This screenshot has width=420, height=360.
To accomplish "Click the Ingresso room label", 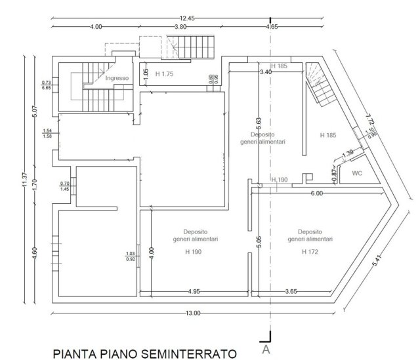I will (116, 78).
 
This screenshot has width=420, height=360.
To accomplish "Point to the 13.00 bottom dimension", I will (192, 312).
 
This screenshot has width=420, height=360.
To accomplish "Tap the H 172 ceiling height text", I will (309, 250).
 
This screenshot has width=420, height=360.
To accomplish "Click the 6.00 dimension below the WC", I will (317, 193).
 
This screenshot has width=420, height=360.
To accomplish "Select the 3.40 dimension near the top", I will (266, 71).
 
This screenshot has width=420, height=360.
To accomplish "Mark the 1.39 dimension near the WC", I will (348, 152).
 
